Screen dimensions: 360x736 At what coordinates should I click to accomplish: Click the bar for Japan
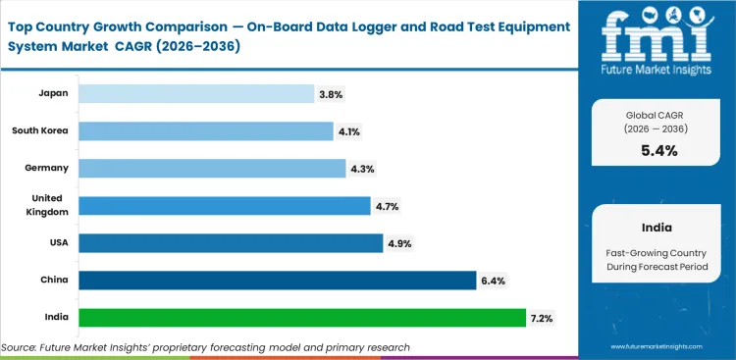[196, 93]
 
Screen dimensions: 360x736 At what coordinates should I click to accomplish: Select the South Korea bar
[205, 130]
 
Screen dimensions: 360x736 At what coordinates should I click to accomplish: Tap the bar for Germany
[211, 168]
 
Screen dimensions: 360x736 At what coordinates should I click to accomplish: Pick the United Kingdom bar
[224, 205]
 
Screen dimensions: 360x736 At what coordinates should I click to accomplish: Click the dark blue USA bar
[230, 242]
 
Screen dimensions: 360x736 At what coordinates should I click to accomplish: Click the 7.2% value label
[542, 318]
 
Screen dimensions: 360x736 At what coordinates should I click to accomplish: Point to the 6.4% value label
[493, 281]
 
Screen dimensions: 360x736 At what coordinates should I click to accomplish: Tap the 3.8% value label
[331, 94]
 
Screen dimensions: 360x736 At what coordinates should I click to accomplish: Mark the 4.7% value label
[387, 206]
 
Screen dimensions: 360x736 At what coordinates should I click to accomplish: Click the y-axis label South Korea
[40, 130]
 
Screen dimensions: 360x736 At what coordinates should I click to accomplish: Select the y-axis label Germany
[47, 168]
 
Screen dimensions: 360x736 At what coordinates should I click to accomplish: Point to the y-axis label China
[53, 280]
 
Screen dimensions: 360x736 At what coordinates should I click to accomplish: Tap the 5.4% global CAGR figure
[657, 150]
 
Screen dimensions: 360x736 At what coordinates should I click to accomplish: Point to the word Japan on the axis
[53, 93]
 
